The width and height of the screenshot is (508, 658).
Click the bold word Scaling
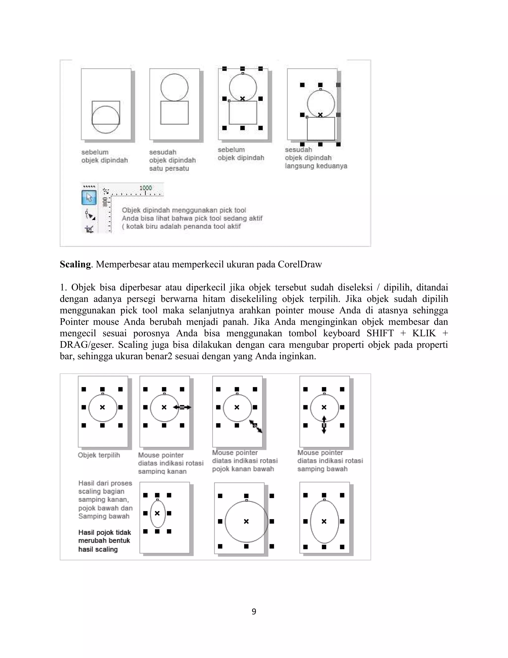pyautogui.click(x=75, y=264)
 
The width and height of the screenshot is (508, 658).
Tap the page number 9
pyautogui.click(x=254, y=612)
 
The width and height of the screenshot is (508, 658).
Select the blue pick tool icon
pyautogui.click(x=89, y=198)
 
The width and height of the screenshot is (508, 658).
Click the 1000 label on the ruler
pyautogui.click(x=146, y=188)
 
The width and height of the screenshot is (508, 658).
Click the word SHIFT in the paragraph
pyautogui.click(x=380, y=333)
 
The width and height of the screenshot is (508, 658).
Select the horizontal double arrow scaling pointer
pyautogui.click(x=182, y=407)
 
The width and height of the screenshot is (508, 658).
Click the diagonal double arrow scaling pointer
pyautogui.click(x=255, y=426)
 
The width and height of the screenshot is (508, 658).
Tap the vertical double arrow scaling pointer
pyautogui.click(x=324, y=425)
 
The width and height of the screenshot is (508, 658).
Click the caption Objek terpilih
pyautogui.click(x=99, y=455)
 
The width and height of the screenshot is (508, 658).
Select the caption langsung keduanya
pyautogui.click(x=316, y=166)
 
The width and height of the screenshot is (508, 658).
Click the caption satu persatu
pyautogui.click(x=169, y=168)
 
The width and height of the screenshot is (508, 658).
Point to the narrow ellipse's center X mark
pyautogui.click(x=157, y=513)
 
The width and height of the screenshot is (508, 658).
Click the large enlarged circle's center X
pyautogui.click(x=246, y=521)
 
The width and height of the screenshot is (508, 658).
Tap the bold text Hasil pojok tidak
pyautogui.click(x=104, y=532)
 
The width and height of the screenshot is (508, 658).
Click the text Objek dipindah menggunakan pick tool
pyautogui.click(x=184, y=210)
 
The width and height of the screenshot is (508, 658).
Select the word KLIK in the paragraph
pyautogui.click(x=424, y=333)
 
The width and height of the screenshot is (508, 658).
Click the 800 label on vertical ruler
pyautogui.click(x=105, y=202)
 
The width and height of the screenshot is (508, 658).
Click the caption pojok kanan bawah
pyautogui.click(x=243, y=469)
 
